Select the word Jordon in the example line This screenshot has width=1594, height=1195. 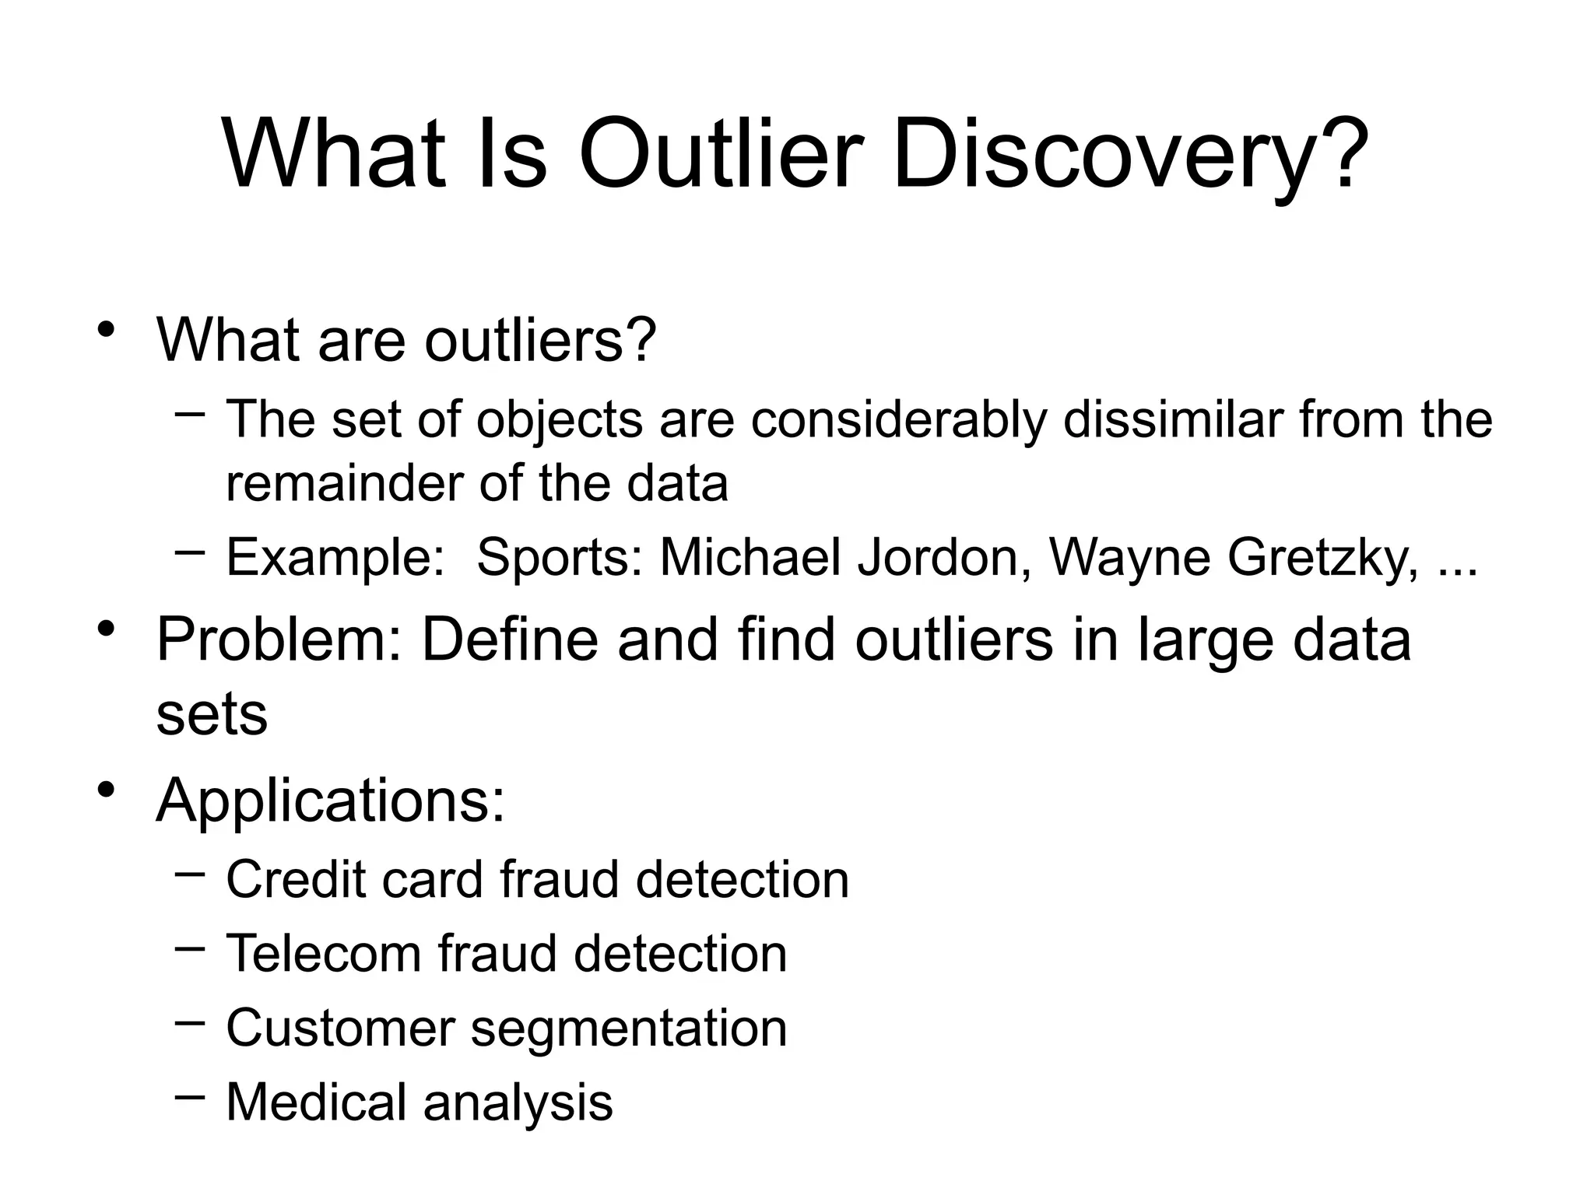pyautogui.click(x=938, y=557)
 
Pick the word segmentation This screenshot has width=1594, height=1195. pyautogui.click(x=629, y=1029)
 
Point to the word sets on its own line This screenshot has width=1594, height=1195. pyautogui.click(x=212, y=714)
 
